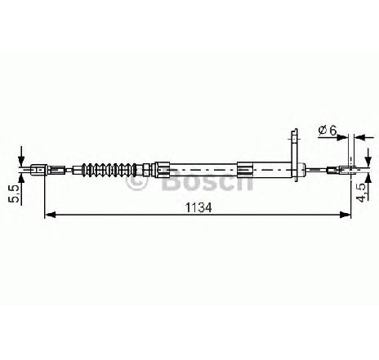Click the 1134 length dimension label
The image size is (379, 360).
tap(198, 208)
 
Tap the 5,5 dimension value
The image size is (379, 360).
tap(15, 193)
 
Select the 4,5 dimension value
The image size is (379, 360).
tap(363, 193)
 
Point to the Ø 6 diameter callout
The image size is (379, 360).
tap(328, 131)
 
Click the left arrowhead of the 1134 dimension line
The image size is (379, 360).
tap(50, 215)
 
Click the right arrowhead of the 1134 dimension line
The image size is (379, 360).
tap(345, 215)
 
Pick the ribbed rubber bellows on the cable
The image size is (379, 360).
tap(109, 170)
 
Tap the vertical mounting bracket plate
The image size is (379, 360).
tap(295, 156)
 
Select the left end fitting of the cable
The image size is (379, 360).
tap(39, 170)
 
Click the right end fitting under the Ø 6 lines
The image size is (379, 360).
tap(348, 170)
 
